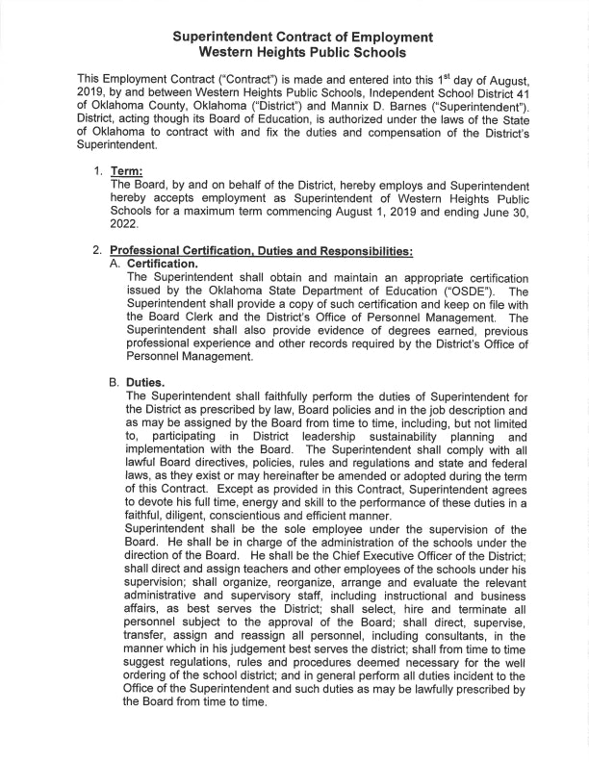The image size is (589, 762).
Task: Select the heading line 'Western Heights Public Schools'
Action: (x=295, y=52)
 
